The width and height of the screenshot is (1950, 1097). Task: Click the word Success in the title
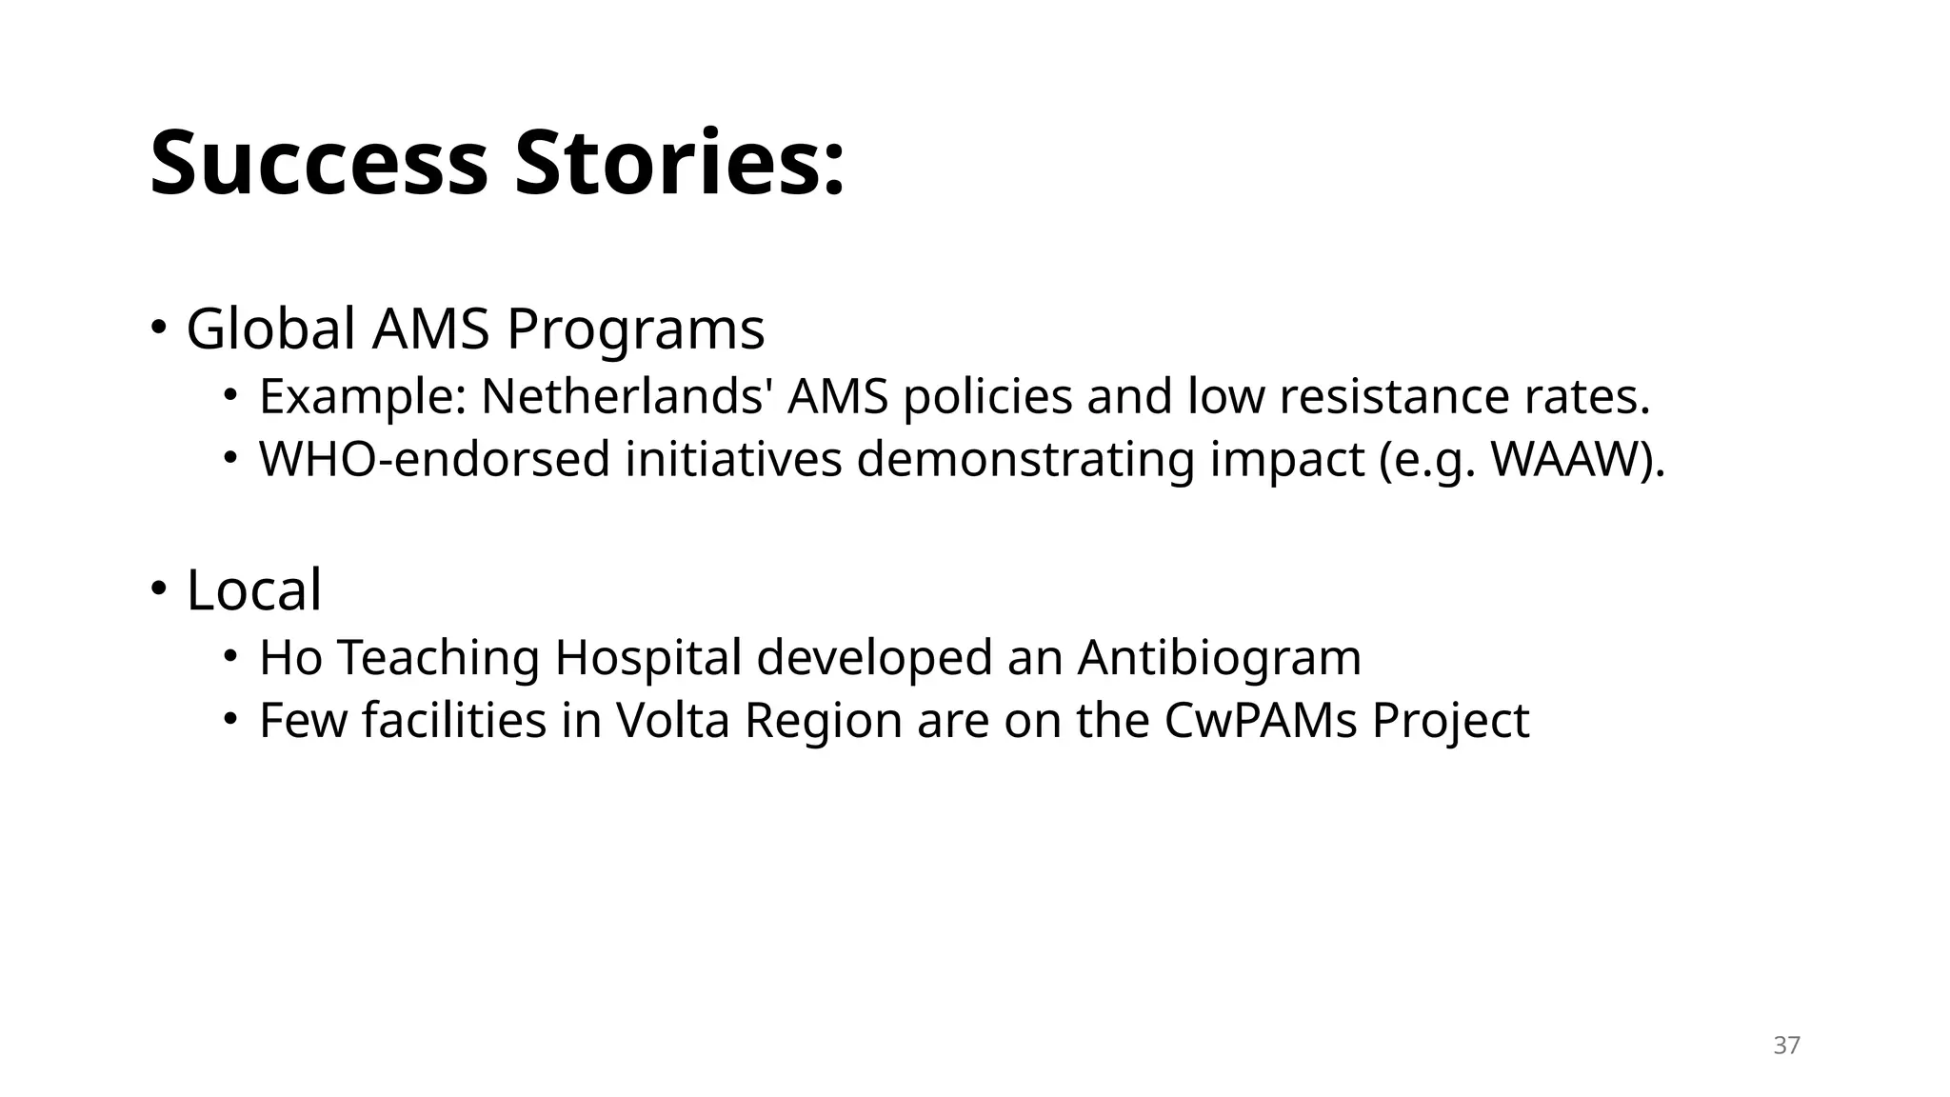pyautogui.click(x=319, y=164)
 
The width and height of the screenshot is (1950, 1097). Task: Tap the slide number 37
pyautogui.click(x=1786, y=1046)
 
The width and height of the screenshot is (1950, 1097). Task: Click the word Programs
pyautogui.click(x=635, y=329)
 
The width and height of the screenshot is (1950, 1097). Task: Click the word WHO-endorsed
pyautogui.click(x=434, y=460)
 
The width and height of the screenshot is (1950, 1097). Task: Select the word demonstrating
pyautogui.click(x=1025, y=460)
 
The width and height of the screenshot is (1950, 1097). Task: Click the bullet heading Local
pyautogui.click(x=253, y=590)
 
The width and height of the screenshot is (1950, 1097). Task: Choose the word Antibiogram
pyautogui.click(x=1219, y=658)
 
